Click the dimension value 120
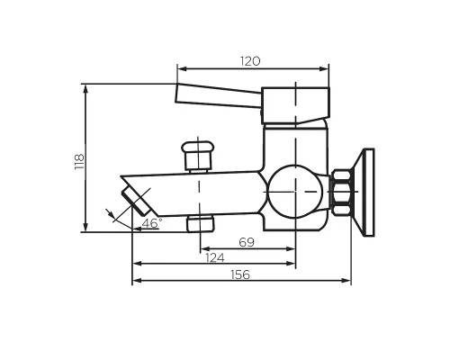pyautogui.click(x=250, y=61)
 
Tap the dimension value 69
pyautogui.click(x=246, y=242)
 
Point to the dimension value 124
pyautogui.click(x=213, y=259)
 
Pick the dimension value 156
pyautogui.click(x=240, y=275)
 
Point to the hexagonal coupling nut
pyautogui.click(x=342, y=193)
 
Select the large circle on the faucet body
pyautogui.click(x=294, y=193)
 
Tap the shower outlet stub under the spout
pyautogui.click(x=200, y=223)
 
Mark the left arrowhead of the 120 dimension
pyautogui.click(x=181, y=68)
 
